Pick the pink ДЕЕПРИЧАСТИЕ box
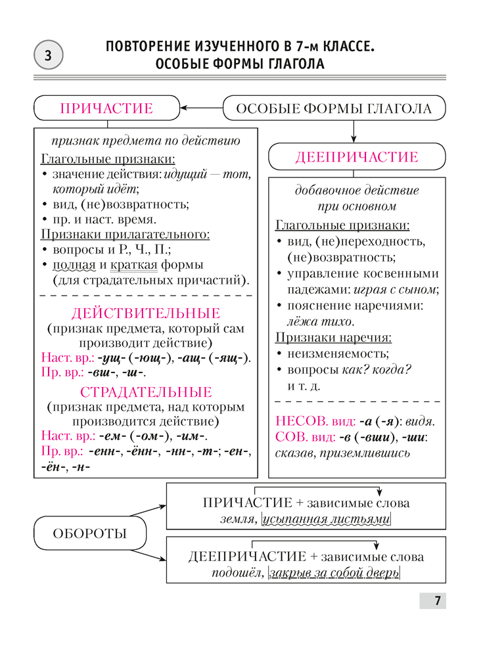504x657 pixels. pos(357,157)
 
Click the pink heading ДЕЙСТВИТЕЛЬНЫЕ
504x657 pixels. pos(146,313)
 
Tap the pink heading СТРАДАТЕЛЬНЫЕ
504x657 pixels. pos(146,392)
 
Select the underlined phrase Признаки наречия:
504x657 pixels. pos(332,338)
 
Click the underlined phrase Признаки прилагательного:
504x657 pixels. pos(126,234)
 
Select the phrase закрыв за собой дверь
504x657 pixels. pos(334,573)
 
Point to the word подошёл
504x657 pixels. pos(238,573)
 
